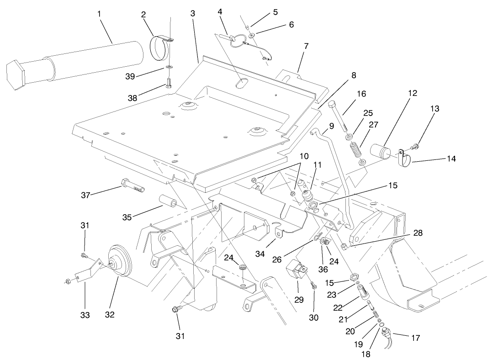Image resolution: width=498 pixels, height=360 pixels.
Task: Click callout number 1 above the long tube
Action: (x=99, y=13)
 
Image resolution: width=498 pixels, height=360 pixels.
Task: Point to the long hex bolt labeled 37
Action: (x=132, y=186)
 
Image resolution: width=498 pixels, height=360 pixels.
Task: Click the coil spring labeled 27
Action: (x=355, y=151)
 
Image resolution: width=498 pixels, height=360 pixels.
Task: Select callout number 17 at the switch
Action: (x=415, y=338)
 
